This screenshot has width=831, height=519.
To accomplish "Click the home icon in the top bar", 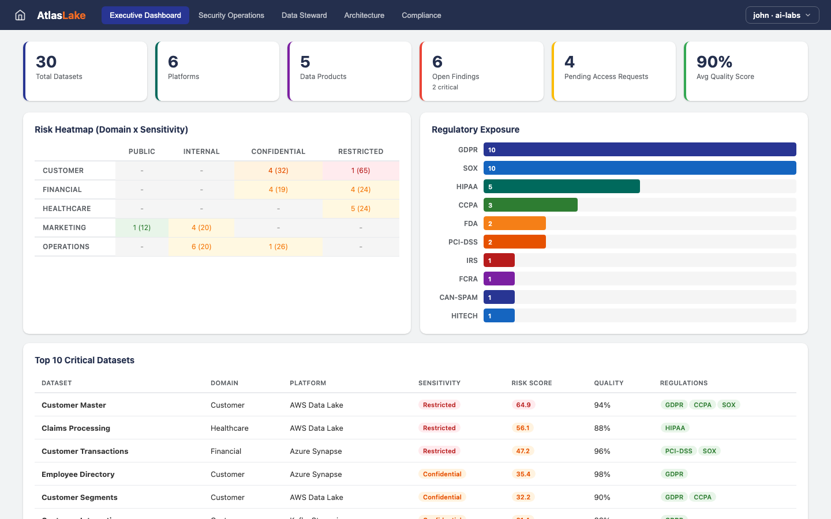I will (x=20, y=16).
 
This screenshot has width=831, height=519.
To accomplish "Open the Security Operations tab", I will (x=231, y=16).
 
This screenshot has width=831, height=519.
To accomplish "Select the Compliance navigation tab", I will (x=421, y=16).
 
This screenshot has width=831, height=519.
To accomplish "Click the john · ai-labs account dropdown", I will (x=782, y=16).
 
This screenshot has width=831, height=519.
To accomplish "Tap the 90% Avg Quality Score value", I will (x=714, y=62).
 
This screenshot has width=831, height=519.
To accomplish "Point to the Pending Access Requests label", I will (x=606, y=77).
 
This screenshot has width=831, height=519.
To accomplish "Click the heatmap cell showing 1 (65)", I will (x=361, y=171).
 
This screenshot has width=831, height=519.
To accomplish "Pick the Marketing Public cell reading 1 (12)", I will (x=141, y=228).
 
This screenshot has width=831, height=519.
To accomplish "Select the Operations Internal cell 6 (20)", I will (x=201, y=247).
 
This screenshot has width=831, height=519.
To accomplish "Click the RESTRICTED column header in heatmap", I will (x=361, y=152).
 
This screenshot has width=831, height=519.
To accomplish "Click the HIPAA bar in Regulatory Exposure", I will (x=562, y=187).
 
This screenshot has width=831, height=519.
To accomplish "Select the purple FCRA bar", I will (x=499, y=279).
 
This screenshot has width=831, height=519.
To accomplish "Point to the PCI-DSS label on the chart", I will (x=463, y=242).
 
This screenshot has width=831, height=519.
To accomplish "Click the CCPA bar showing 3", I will (x=530, y=205).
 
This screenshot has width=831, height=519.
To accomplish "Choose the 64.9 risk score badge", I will (x=523, y=405).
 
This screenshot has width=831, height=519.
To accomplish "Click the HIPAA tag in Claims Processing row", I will (x=675, y=428).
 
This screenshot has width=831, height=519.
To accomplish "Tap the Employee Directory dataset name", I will (x=78, y=475).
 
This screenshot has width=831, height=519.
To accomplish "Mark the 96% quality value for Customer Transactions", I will (x=602, y=452).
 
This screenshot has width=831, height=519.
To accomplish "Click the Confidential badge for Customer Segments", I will (x=442, y=497).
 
